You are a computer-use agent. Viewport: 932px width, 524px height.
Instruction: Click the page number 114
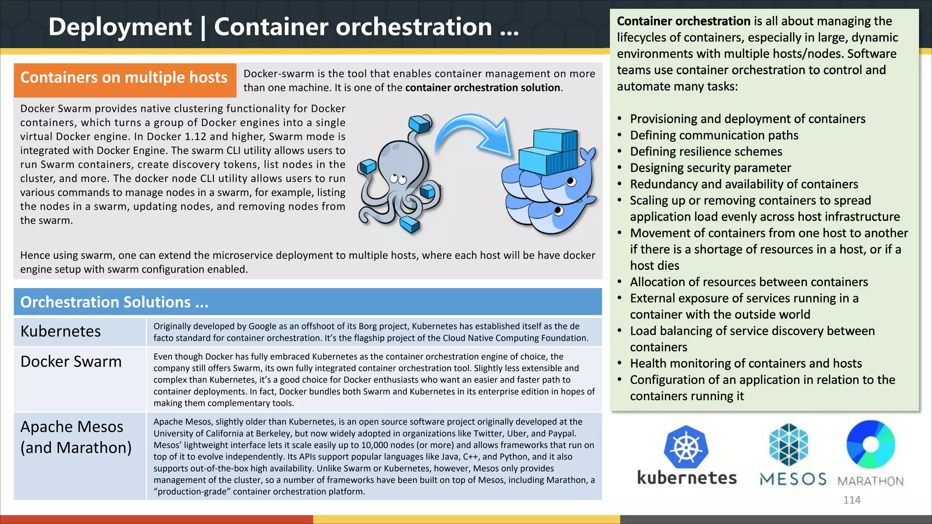(x=851, y=500)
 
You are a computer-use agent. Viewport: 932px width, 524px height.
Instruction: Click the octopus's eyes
(x=398, y=179)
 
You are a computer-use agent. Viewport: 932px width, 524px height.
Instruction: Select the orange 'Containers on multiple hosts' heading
(x=124, y=78)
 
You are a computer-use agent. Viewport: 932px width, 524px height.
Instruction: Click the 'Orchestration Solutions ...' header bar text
(x=114, y=302)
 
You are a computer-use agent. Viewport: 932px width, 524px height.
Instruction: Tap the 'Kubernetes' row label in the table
(x=61, y=331)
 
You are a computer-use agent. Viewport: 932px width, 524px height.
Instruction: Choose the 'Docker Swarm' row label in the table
(x=71, y=362)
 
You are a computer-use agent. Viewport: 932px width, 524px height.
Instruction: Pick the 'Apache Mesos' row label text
(x=72, y=427)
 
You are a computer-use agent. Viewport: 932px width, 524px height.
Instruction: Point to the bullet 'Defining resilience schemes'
(x=706, y=151)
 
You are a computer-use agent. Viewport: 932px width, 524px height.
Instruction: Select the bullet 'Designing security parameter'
(x=710, y=168)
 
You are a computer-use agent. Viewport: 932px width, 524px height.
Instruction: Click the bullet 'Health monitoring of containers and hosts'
(x=746, y=363)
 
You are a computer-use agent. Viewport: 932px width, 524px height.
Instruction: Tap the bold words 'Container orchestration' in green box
(x=684, y=21)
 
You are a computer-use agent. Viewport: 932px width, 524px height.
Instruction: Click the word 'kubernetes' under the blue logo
(x=687, y=478)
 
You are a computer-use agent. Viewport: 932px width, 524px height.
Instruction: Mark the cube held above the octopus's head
(x=420, y=123)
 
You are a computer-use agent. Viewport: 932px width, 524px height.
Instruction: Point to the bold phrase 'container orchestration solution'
(x=483, y=88)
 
